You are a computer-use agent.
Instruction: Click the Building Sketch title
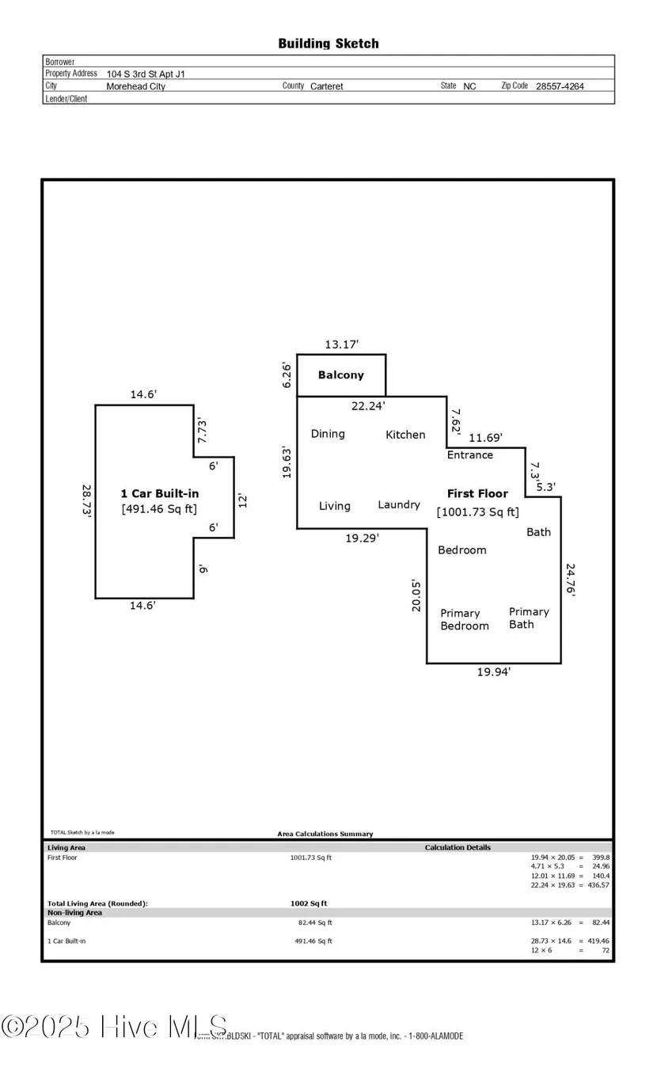(x=328, y=44)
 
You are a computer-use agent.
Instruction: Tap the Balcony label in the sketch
(x=340, y=375)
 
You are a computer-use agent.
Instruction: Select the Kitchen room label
(x=405, y=434)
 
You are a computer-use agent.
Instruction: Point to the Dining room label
(x=328, y=433)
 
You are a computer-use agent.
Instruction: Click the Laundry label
(x=399, y=504)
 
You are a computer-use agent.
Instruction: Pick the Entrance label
(x=470, y=454)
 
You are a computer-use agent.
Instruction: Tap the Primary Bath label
(x=529, y=618)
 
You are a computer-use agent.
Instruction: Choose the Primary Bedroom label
(x=465, y=619)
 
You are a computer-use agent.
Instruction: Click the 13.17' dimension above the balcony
(x=342, y=344)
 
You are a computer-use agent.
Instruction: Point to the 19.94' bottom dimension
(x=494, y=671)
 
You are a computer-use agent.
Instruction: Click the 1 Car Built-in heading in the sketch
(x=159, y=493)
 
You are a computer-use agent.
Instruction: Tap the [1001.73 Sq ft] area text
(x=478, y=511)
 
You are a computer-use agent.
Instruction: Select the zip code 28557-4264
(x=560, y=86)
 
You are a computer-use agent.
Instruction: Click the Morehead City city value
(x=136, y=86)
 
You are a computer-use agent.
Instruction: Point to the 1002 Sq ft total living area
(x=309, y=903)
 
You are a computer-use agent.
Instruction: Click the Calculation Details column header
(x=457, y=847)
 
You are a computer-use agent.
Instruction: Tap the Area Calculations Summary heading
(x=325, y=834)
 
